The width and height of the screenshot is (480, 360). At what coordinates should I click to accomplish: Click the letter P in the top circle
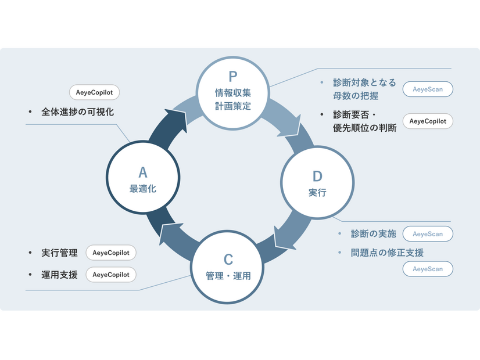[232, 77]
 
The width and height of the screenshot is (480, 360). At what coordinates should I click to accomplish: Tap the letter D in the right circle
[317, 177]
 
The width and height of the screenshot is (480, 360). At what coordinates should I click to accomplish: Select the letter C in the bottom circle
[228, 260]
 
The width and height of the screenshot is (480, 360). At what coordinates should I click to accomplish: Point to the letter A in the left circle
[143, 172]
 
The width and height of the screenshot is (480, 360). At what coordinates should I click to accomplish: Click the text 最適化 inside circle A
[143, 189]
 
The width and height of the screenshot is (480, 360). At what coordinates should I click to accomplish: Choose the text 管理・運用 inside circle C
[228, 276]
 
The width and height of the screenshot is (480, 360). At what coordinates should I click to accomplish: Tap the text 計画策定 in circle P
[232, 106]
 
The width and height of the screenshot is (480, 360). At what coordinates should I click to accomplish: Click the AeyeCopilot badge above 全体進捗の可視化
[94, 92]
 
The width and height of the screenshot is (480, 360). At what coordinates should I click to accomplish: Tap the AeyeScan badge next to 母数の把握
[428, 89]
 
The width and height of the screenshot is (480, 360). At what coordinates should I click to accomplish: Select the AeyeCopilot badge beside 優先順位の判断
[428, 121]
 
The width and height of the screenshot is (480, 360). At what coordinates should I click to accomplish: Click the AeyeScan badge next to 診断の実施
[428, 234]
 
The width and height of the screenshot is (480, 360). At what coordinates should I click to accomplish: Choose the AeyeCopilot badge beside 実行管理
[111, 253]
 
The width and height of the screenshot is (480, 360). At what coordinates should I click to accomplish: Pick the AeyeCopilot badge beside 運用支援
[111, 275]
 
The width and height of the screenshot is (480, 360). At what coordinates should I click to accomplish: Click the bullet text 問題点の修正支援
[387, 253]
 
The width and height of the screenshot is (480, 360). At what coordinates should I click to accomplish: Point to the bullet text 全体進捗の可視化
[77, 112]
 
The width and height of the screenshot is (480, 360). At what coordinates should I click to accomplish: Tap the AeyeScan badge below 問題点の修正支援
[428, 269]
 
